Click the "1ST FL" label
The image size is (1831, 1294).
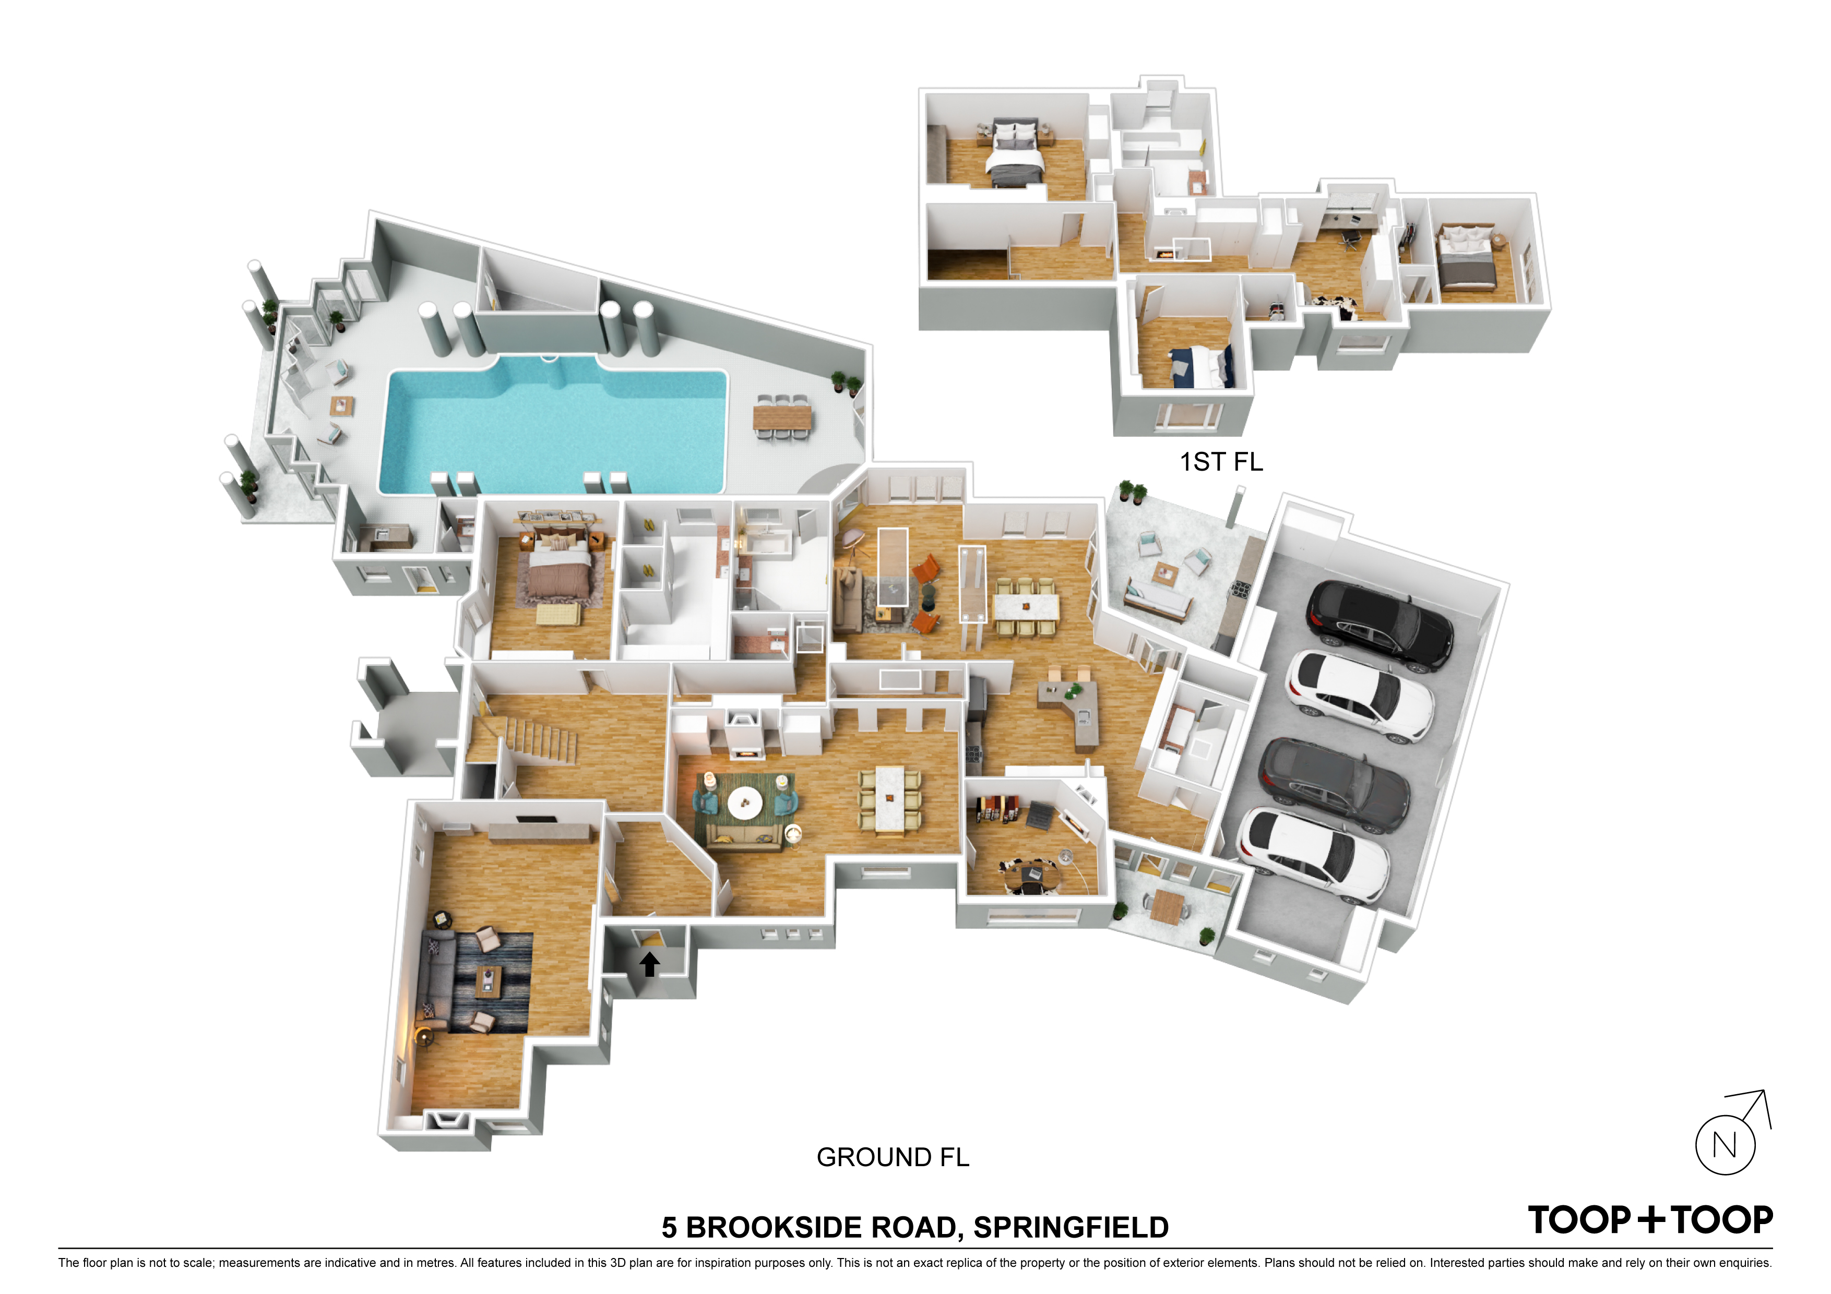tap(1221, 462)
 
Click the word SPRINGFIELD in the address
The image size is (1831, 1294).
tap(1071, 1228)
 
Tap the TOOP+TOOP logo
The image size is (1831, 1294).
tap(1650, 1220)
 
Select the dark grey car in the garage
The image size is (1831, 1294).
tap(1334, 785)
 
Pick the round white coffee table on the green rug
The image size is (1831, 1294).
tap(745, 803)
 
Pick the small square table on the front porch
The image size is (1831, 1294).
tap(1168, 906)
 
